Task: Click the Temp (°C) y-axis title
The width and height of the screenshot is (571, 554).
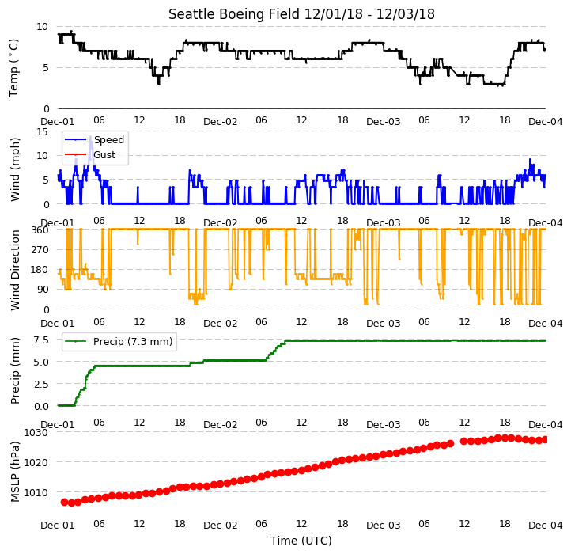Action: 13,68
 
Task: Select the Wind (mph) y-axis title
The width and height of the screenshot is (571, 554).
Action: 14,169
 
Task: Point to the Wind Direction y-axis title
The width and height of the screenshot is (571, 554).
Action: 14,270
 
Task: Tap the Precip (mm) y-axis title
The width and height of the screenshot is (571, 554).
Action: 14,370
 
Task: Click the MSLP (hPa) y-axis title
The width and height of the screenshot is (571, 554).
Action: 14,472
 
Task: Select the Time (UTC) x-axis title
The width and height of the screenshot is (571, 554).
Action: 301,540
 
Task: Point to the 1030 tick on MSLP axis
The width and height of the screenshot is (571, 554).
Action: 36,433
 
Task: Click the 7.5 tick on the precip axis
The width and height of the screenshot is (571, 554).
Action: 41,340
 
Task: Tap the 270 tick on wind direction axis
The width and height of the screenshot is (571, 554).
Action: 40,250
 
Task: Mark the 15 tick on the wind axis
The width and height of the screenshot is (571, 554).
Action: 42,132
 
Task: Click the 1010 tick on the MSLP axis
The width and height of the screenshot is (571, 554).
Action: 36,493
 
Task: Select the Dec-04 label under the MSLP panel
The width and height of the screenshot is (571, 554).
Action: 545,526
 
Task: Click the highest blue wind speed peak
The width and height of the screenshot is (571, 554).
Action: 90,137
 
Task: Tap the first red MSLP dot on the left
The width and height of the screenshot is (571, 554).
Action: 65,503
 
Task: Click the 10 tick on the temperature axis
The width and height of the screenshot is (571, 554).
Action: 42,27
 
